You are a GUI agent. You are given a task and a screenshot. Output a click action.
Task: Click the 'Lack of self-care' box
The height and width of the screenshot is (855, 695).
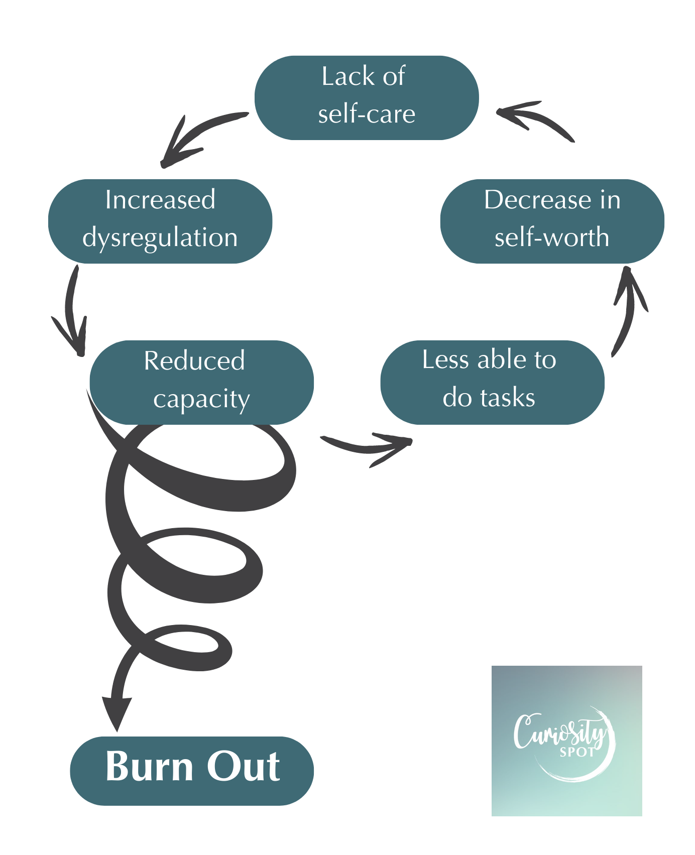pos(367,97)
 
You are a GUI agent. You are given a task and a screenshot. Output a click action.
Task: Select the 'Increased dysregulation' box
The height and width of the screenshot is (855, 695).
pos(160,221)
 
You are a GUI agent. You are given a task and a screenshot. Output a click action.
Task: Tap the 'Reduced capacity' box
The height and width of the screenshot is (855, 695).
pos(201,382)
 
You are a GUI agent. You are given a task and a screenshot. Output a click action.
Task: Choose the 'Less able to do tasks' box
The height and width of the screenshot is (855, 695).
pos(492,382)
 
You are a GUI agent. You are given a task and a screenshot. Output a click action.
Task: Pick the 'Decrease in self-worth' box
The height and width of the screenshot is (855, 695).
pos(552,221)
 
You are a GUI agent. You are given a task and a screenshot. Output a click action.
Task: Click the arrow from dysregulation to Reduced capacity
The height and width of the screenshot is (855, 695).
pos(72,311)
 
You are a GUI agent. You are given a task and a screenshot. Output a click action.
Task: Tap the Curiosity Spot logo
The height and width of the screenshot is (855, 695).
pos(566,741)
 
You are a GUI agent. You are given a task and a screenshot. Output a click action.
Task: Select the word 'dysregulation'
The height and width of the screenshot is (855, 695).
pos(160,238)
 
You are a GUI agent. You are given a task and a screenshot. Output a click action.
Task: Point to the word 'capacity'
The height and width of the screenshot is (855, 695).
pos(201,400)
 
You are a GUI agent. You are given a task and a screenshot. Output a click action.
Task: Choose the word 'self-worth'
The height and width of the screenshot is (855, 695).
pos(552,237)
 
